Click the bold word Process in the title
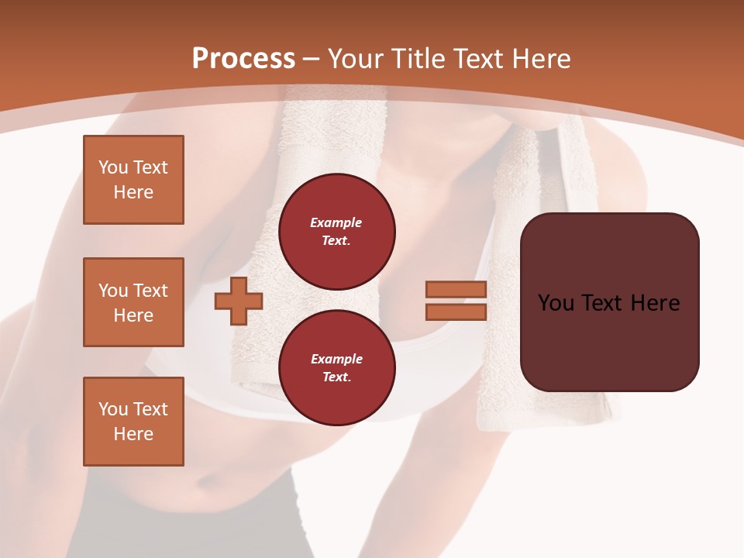[x=243, y=59]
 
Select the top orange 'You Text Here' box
[x=133, y=180]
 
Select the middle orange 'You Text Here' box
[x=133, y=302]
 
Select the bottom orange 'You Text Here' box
[x=133, y=421]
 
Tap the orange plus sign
[x=239, y=301]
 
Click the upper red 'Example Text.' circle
[x=336, y=232]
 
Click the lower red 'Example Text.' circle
[x=336, y=368]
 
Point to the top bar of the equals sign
[x=456, y=290]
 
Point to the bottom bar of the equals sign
[x=456, y=312]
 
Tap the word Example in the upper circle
[x=336, y=222]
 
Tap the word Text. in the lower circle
[x=336, y=377]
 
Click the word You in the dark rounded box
[x=556, y=303]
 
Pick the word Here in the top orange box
[x=133, y=192]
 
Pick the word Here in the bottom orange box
[x=133, y=434]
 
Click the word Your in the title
[x=356, y=59]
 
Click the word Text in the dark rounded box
[x=604, y=303]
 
